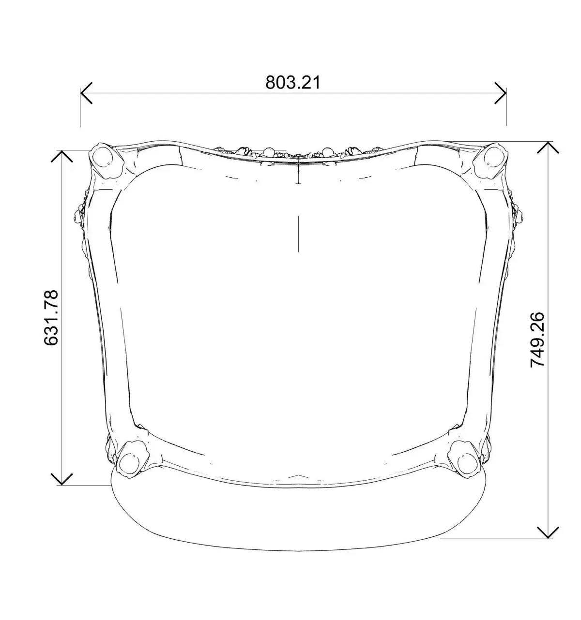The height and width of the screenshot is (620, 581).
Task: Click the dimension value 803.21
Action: click(x=293, y=83)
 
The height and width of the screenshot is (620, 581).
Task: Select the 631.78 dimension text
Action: click(x=51, y=317)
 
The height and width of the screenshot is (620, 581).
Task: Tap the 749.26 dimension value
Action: click(x=537, y=340)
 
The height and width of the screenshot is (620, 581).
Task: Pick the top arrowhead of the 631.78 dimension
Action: click(x=62, y=156)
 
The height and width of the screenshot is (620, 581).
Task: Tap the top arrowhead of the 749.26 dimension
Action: click(x=548, y=148)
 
